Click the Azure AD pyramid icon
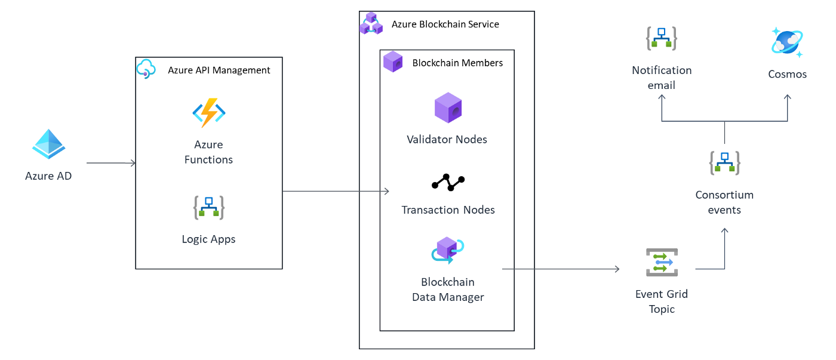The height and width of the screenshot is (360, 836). [48, 144]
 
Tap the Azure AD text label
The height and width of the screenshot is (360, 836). [48, 176]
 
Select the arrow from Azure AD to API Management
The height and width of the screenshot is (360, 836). [111, 162]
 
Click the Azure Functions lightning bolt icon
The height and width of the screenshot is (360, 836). [208, 112]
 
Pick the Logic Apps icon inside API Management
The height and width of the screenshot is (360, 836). [208, 207]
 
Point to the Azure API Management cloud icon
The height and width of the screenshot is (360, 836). [146, 69]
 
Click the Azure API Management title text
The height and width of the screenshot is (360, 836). [219, 70]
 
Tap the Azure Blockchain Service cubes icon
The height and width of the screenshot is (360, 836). [370, 23]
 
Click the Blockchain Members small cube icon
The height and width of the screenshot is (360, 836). [393, 61]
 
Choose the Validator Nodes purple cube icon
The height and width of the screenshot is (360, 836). [448, 108]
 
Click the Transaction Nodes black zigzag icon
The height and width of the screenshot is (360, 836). [448, 182]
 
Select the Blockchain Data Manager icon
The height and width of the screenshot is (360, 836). [448, 250]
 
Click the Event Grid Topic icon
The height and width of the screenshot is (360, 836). [662, 263]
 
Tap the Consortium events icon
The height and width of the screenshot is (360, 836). [724, 162]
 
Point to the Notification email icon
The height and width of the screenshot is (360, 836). [662, 38]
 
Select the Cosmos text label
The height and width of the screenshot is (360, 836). [787, 75]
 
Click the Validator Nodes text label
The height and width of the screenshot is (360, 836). [447, 140]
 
